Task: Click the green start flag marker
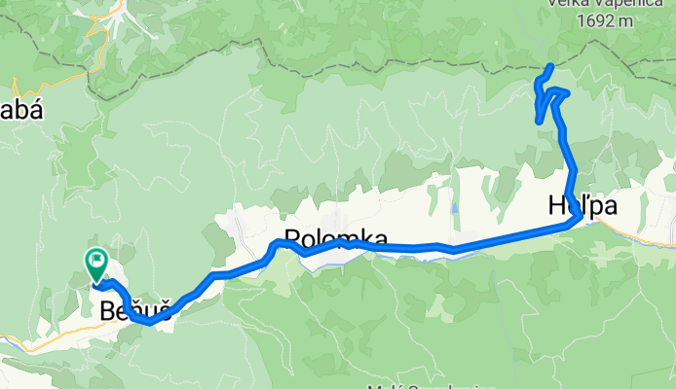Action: click(x=96, y=262)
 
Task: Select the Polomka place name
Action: click(x=335, y=238)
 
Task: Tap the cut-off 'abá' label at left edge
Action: click(x=21, y=110)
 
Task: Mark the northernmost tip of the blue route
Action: click(x=551, y=65)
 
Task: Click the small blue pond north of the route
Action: click(x=454, y=208)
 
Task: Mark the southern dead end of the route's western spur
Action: click(x=540, y=121)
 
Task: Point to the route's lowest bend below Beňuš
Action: click(x=146, y=322)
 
